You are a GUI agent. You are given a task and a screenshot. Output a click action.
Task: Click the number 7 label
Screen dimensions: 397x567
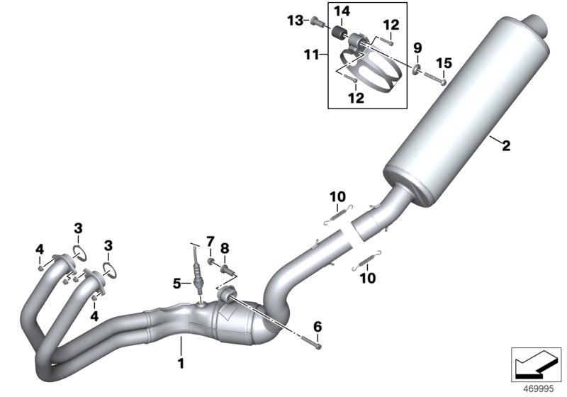click(210, 242)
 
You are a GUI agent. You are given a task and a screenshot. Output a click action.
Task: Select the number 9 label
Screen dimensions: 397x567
click(417, 47)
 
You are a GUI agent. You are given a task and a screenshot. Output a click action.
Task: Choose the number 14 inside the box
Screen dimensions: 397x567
click(342, 11)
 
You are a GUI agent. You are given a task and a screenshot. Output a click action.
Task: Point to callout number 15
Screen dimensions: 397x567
click(443, 63)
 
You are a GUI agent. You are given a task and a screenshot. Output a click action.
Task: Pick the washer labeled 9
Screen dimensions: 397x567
click(417, 69)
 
